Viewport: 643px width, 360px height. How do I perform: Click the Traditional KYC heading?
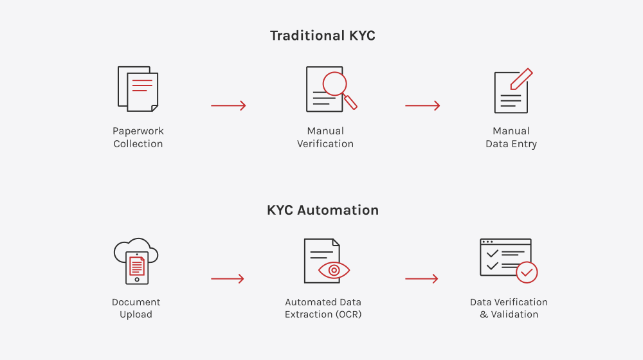(x=322, y=35)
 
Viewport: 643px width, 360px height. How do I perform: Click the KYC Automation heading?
(x=323, y=210)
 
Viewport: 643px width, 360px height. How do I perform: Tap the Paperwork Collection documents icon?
(x=138, y=89)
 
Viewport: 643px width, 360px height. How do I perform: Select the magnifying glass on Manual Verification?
(x=339, y=90)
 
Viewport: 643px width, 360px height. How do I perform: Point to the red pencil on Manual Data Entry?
(x=521, y=78)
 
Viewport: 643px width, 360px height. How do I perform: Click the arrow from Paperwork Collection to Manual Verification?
(x=228, y=105)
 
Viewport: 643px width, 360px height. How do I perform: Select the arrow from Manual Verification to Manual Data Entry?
(x=422, y=105)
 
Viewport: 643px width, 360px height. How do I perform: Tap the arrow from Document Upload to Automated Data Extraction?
(x=228, y=279)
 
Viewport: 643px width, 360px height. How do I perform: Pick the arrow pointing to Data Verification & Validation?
(x=422, y=279)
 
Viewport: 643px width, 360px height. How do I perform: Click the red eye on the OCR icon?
(x=334, y=270)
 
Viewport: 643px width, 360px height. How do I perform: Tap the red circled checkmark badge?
(x=527, y=273)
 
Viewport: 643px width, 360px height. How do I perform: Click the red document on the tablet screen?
(x=137, y=265)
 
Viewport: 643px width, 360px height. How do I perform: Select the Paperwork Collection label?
(x=138, y=138)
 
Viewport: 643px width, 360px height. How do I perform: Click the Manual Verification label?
(x=325, y=138)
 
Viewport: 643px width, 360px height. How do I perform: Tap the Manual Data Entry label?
(x=511, y=138)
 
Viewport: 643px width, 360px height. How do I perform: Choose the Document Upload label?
(x=136, y=308)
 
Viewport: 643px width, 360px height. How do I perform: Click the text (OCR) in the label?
(x=349, y=314)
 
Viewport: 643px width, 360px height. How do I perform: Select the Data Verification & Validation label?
(x=509, y=308)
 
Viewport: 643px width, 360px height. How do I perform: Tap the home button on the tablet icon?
(x=137, y=280)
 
